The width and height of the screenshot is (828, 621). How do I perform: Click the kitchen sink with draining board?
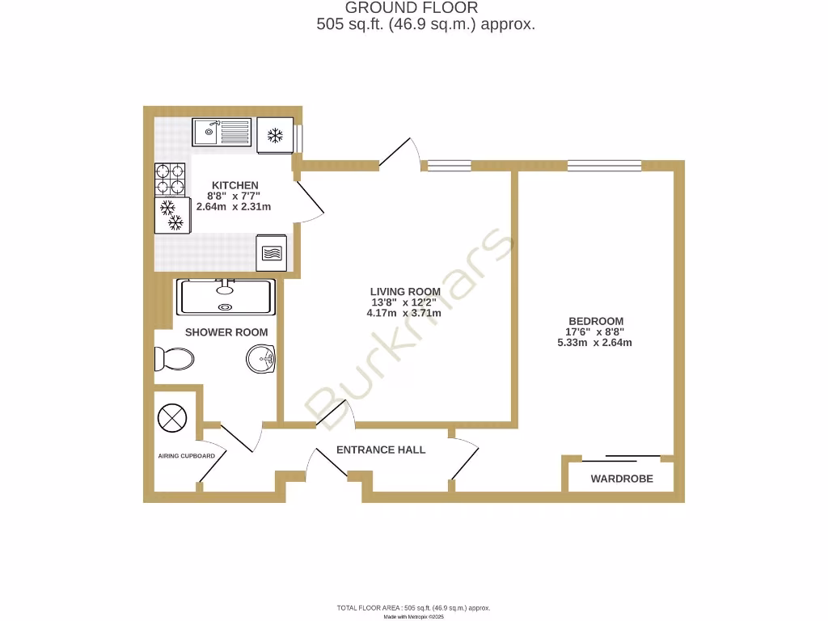click(222, 132)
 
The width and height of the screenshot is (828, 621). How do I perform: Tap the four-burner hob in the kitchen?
click(170, 180)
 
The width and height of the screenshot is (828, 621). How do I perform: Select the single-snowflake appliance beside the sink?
click(275, 135)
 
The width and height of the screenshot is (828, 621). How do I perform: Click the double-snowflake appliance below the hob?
click(171, 215)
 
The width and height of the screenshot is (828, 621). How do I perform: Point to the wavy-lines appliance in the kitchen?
click(271, 252)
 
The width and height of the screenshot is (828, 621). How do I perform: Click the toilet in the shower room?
click(175, 359)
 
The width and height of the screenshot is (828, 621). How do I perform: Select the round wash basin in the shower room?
click(262, 358)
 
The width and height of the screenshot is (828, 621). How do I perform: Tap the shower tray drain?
click(226, 306)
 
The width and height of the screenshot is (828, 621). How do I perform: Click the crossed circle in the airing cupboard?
click(172, 418)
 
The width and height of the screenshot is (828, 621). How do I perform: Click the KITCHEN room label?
click(234, 186)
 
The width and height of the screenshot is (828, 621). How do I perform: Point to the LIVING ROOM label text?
click(405, 292)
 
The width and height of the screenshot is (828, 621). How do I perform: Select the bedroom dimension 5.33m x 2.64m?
click(594, 343)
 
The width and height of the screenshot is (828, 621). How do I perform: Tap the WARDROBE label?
click(621, 479)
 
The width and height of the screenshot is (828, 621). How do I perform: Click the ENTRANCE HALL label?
click(380, 450)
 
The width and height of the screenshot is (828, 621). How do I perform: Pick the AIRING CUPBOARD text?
click(186, 456)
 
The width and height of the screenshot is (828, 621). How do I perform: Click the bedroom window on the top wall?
click(605, 166)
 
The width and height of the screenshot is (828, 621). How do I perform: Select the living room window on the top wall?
click(449, 166)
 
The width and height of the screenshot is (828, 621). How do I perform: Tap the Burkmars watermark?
click(412, 332)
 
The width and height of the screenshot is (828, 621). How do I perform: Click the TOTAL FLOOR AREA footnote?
click(413, 607)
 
